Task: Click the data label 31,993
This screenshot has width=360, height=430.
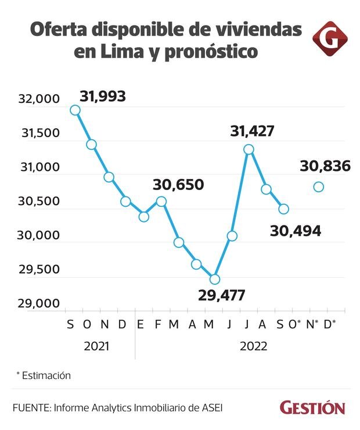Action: pos(103,96)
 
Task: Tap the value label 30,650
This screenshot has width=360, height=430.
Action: pos(178,185)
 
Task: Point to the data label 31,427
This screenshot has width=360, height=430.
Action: pos(252,131)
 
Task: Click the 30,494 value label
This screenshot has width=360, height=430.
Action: pos(296,231)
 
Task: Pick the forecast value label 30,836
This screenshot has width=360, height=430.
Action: pos(325,166)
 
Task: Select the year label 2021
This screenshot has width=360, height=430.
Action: pos(96,346)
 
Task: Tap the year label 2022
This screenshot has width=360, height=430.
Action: pos(253,346)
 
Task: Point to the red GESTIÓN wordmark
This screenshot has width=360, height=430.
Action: pos(312,407)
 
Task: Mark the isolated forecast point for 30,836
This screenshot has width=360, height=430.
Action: pos(318,187)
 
